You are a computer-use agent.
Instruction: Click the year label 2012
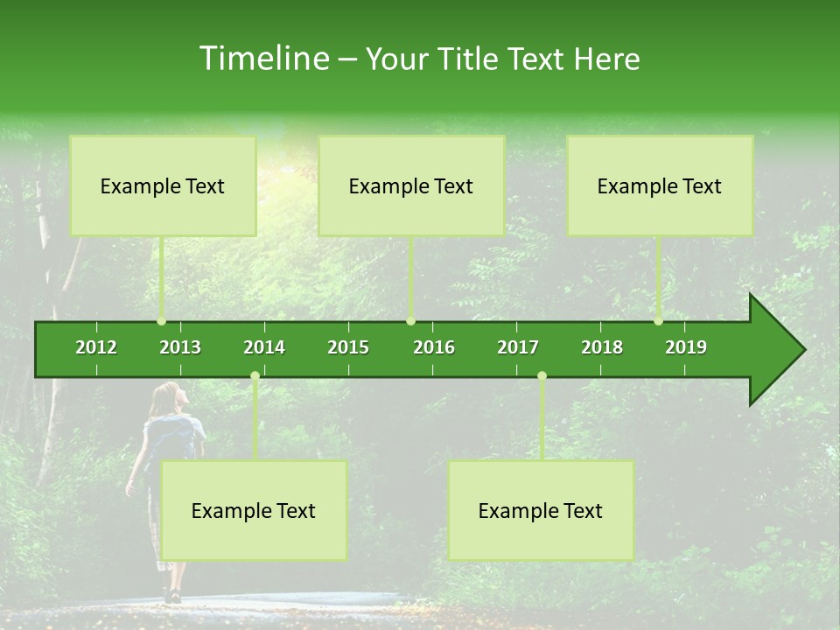(x=96, y=347)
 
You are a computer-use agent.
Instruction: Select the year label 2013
(x=180, y=347)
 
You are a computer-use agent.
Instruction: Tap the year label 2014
(x=264, y=347)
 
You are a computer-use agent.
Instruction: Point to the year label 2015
(x=348, y=347)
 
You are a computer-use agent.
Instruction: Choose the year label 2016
(x=434, y=347)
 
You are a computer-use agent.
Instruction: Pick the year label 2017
(x=518, y=347)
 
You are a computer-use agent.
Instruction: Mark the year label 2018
(x=602, y=347)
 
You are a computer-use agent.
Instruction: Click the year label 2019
(x=686, y=347)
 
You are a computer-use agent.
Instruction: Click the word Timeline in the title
(x=262, y=59)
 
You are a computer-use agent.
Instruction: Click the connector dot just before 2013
(x=162, y=321)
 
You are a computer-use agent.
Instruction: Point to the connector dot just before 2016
(x=411, y=321)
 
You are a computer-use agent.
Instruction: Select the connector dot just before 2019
(x=658, y=321)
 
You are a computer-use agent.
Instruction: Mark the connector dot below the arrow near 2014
(x=255, y=376)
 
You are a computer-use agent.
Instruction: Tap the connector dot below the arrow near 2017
(x=542, y=376)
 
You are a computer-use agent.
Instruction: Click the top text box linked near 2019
(x=660, y=185)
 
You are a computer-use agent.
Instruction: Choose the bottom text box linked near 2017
(x=541, y=510)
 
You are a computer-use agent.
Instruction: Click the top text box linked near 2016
(x=411, y=185)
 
